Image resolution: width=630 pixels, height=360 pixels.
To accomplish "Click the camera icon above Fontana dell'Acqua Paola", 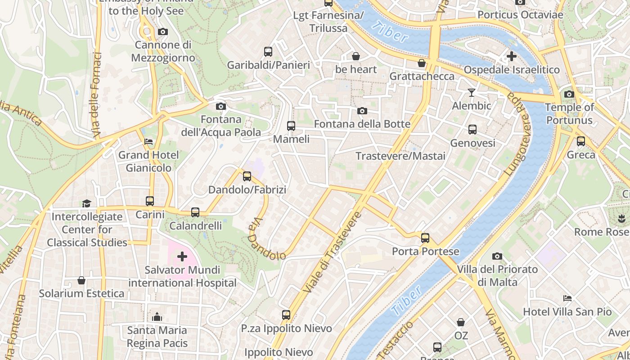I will pos(220,106).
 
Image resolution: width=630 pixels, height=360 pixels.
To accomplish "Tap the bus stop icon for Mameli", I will pos(291,126).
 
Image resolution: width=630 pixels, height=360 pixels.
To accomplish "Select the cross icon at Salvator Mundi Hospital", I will pos(182,256).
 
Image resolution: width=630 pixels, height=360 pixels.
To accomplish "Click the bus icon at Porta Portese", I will pos(425,238).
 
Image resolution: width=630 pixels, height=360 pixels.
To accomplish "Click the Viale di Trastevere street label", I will pos(332,252).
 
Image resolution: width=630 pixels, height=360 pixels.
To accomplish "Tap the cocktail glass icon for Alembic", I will pos(471,93).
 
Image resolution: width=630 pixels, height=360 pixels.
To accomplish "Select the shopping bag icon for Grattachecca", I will pos(422,63).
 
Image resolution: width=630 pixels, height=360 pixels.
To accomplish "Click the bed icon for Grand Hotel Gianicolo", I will pos(148,142).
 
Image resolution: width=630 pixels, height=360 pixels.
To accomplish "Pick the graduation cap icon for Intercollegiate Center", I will pos(86,204).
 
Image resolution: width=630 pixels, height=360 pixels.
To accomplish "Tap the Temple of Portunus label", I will pos(569,113).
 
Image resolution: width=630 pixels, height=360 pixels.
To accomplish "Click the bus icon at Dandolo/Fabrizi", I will pos(247,176).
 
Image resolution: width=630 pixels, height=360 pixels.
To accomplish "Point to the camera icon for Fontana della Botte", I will pos(362,111).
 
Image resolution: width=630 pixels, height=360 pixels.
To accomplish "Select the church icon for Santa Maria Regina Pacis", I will pos(157,317).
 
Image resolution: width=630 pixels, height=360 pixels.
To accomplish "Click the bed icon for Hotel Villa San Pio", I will pos(567,298).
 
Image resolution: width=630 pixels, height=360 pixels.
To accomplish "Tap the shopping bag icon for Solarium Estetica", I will pos(81,280).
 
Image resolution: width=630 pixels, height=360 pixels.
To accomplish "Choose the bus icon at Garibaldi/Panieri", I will pos(268,52).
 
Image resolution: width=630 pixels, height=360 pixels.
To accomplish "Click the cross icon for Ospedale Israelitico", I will pos(511,56).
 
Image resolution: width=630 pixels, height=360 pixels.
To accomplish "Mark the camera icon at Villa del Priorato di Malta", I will pos(497,256).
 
